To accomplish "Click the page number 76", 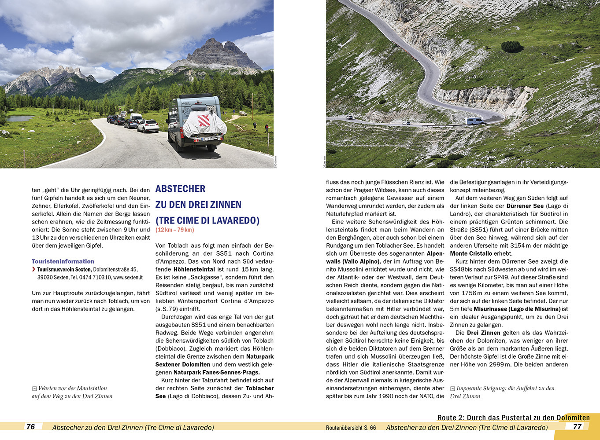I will click(x=31, y=426).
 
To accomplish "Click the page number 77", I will click(x=577, y=426).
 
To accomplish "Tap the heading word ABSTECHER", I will click(x=180, y=189).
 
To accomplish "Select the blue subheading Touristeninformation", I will click(x=63, y=261).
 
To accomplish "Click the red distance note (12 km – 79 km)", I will click(x=174, y=230).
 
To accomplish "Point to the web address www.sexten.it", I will click(x=128, y=277).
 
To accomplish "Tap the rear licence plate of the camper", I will click(x=207, y=139).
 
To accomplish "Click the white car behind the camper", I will click(x=148, y=126).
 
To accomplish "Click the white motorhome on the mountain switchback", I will click(x=474, y=121).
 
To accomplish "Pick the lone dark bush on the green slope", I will click(x=512, y=47).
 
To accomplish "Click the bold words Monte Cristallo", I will click(x=471, y=253).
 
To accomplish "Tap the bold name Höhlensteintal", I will click(x=194, y=269).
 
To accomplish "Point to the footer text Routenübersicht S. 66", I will click(x=351, y=427).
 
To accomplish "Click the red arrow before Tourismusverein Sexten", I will click(x=34, y=269).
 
